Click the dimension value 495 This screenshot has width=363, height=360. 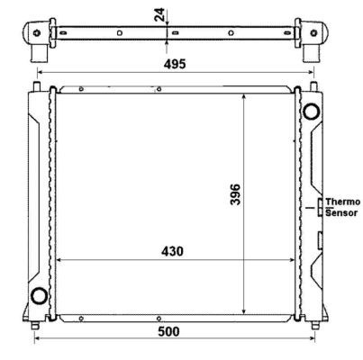[x=175, y=64]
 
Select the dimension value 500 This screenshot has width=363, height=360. [x=168, y=331]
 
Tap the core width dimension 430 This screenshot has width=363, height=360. [x=172, y=251]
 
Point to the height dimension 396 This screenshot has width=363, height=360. [x=235, y=194]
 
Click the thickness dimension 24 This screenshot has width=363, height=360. [x=159, y=14]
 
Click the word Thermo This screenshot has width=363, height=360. [x=343, y=202]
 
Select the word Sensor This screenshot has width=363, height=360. [x=341, y=213]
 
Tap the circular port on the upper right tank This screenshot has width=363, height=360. [x=311, y=112]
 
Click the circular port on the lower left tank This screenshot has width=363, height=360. [x=40, y=295]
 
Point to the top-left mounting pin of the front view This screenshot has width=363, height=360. [x=37, y=85]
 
